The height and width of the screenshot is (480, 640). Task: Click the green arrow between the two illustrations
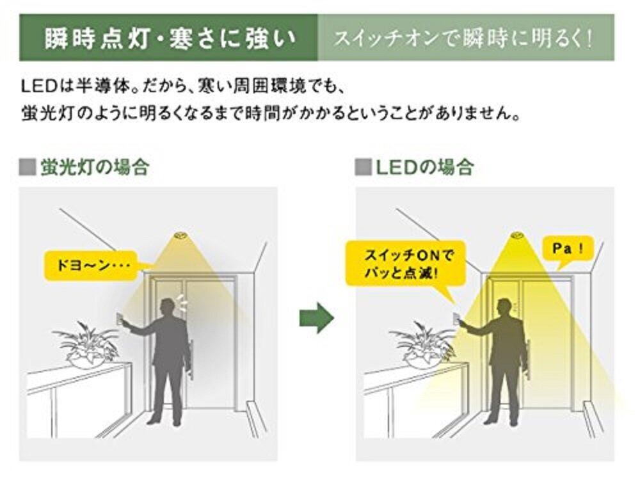316,317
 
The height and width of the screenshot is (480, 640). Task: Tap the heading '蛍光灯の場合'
94,168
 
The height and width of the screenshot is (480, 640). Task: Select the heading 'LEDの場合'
424,168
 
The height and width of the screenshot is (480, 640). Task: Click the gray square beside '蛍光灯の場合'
28,168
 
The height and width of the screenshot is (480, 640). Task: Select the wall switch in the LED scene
456,321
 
